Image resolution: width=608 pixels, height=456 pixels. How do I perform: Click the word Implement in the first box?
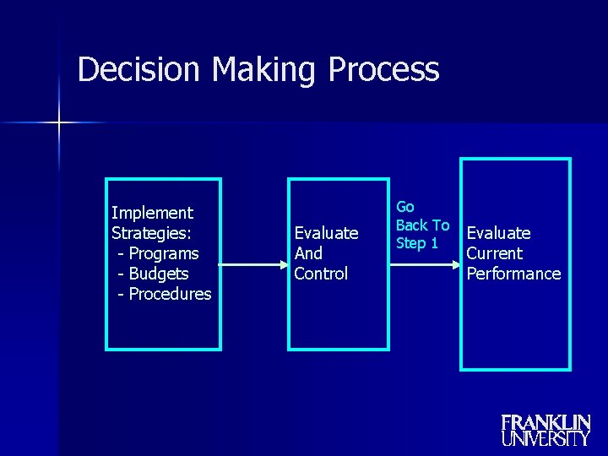[x=152, y=213]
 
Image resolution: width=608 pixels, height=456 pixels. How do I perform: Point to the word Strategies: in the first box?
[x=151, y=233]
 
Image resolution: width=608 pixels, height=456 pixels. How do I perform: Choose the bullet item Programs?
[x=164, y=253]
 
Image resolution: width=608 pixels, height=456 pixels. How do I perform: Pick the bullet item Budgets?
[x=159, y=274]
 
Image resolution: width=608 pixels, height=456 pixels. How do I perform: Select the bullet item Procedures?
[x=169, y=294]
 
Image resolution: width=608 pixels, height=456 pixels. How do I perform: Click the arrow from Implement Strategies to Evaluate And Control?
[x=253, y=264]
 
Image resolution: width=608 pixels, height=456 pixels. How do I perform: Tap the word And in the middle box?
[x=308, y=253]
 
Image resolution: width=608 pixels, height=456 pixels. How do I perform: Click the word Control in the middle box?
[x=321, y=274]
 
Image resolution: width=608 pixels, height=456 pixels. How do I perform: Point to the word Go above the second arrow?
[x=405, y=207]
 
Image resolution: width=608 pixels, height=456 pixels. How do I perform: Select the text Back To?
[x=422, y=225]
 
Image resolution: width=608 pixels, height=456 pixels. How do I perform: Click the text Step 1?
[x=417, y=244]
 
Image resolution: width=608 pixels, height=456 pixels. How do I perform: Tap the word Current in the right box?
[x=495, y=253]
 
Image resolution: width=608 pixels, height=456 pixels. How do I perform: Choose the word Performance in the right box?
[x=513, y=274]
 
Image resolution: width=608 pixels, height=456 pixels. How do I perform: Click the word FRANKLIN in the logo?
[x=546, y=422]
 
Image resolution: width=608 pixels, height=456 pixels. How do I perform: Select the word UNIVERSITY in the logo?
[x=546, y=438]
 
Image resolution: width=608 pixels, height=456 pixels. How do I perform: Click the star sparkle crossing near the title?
[x=59, y=123]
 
